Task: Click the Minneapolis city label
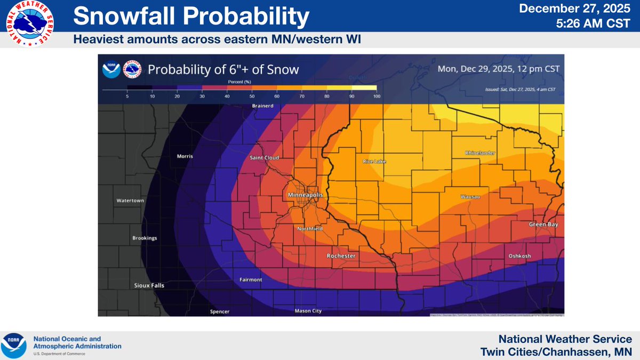point(305,195)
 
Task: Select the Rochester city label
point(341,256)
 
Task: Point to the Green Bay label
point(543,225)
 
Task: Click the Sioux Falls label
point(148,285)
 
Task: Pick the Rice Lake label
point(374,162)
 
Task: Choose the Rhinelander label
point(480,154)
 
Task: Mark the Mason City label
point(308,311)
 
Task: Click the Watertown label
point(131,201)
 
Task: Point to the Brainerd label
point(262,106)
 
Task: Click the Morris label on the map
point(184,156)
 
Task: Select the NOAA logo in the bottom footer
point(14,346)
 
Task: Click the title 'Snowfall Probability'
point(191,18)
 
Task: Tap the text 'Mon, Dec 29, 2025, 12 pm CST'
point(498,69)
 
